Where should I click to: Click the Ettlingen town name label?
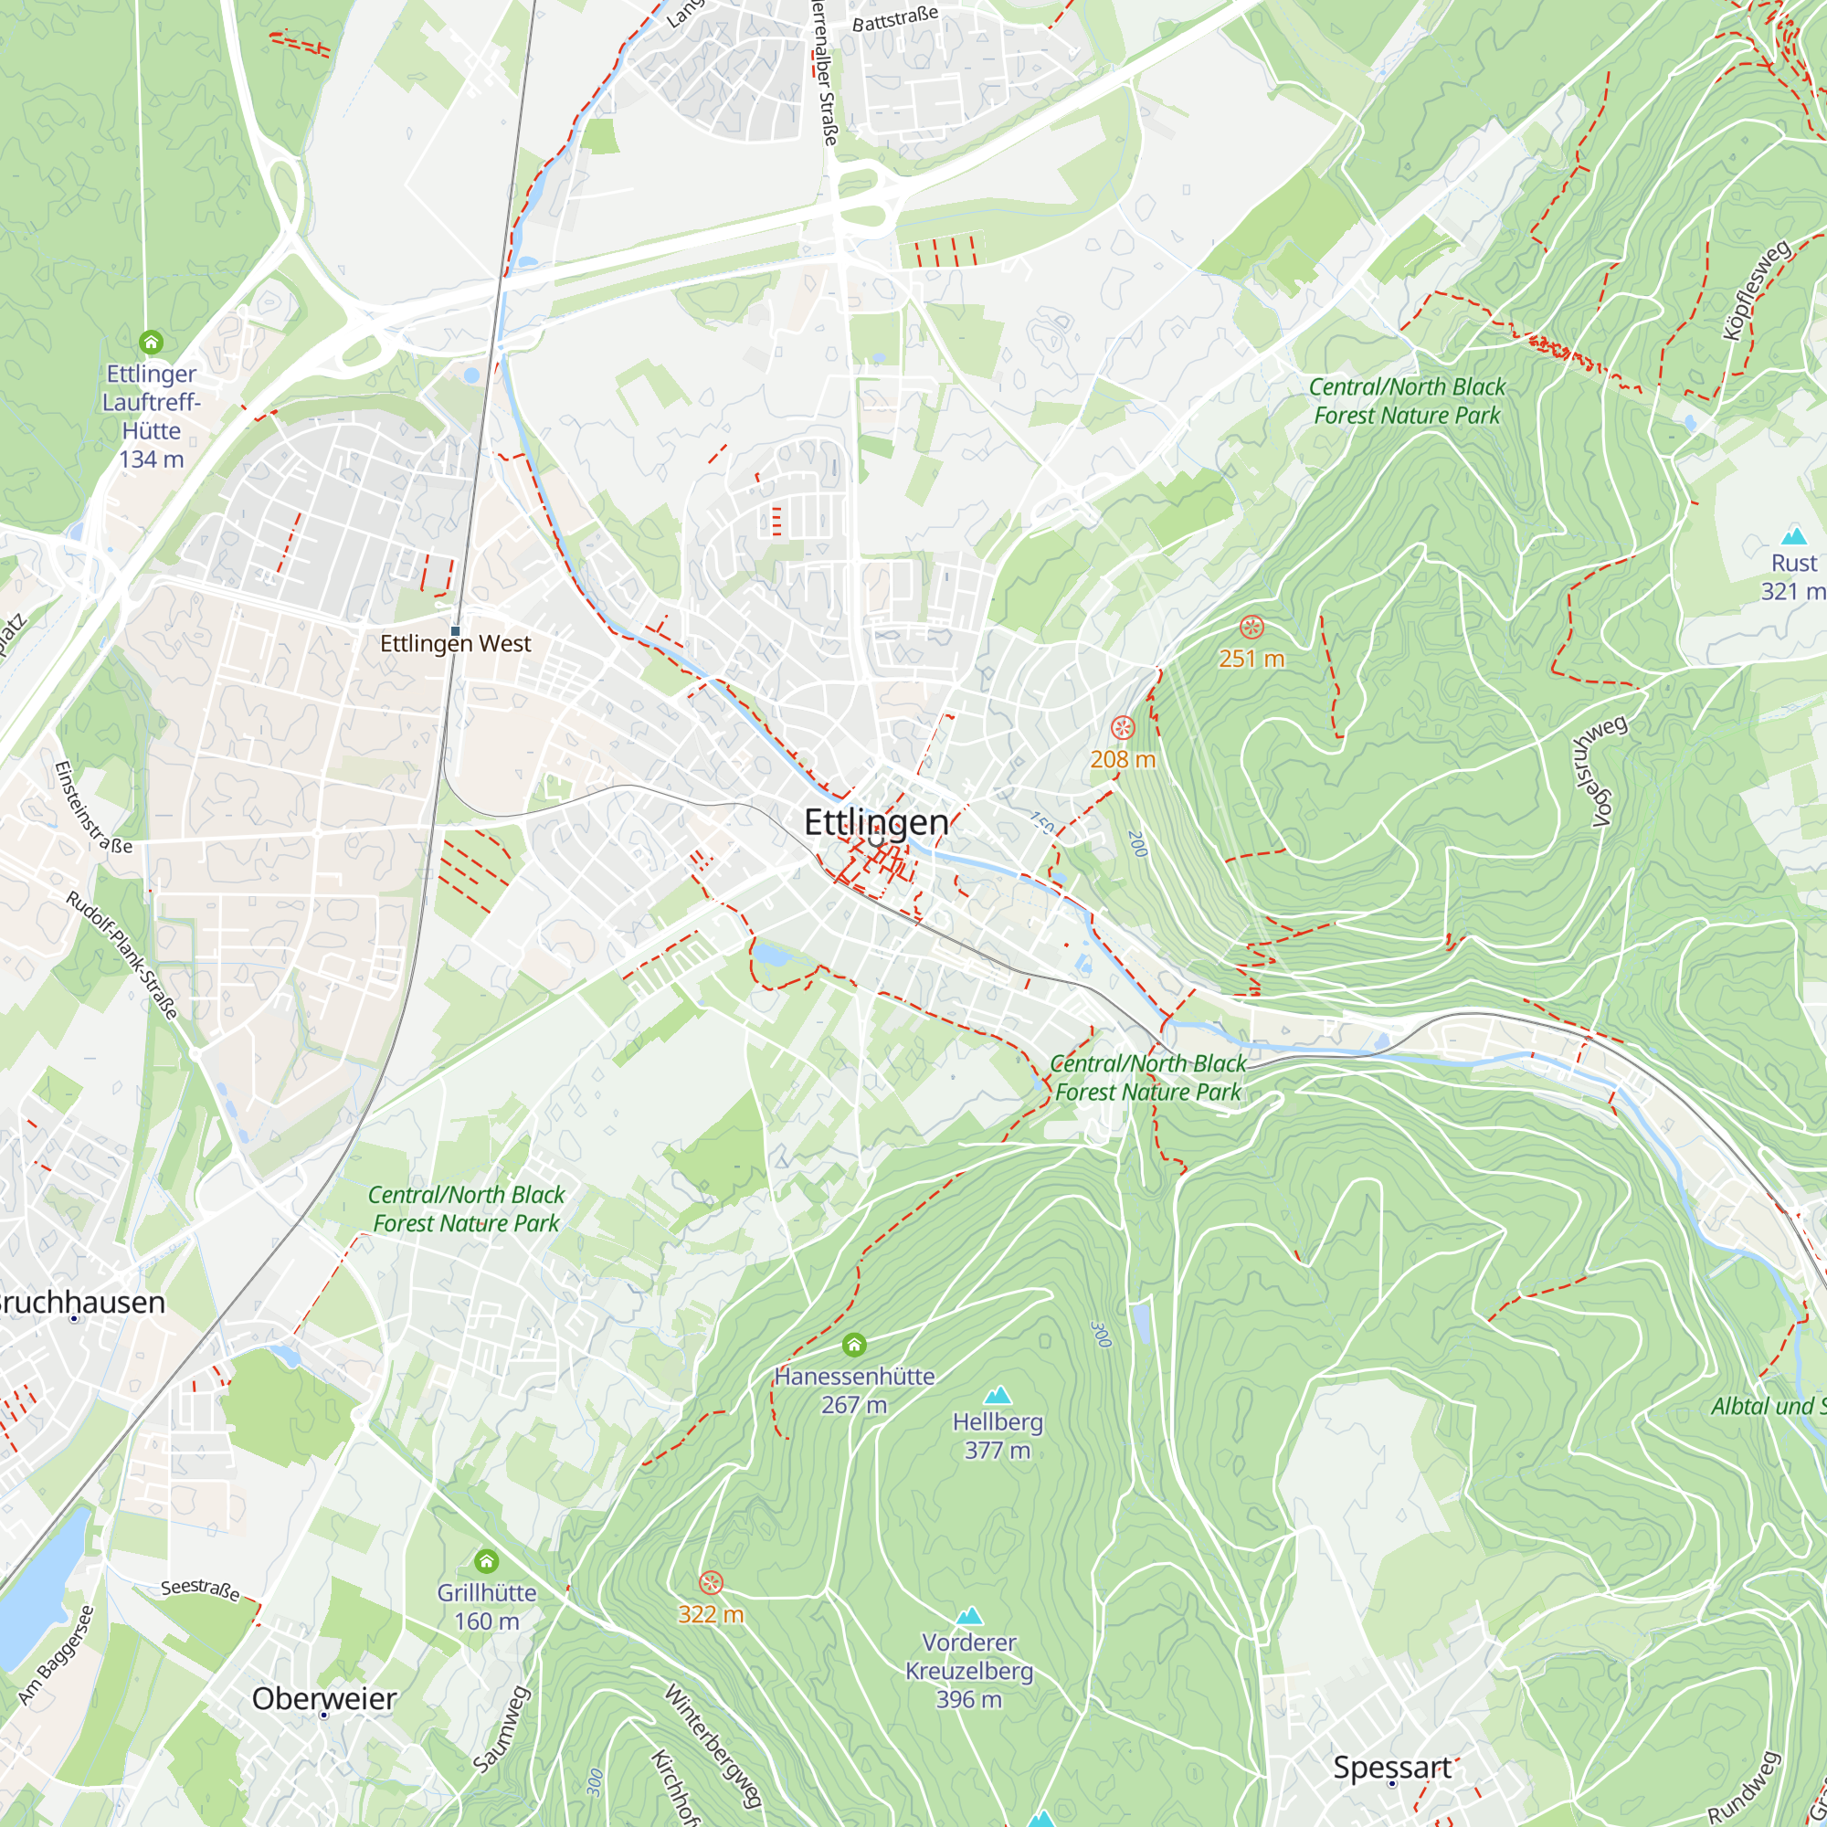tap(876, 823)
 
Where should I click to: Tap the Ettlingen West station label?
tap(455, 644)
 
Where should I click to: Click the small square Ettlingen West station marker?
tap(455, 630)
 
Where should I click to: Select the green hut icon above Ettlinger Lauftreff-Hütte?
tap(152, 342)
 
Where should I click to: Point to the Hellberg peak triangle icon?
tap(998, 1396)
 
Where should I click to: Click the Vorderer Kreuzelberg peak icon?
tap(969, 1616)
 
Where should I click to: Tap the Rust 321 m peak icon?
tap(1794, 536)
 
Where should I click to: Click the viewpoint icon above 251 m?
tap(1251, 627)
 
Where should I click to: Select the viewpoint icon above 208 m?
tap(1123, 727)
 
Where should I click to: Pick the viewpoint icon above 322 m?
tap(711, 1582)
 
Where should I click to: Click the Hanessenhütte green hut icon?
tap(854, 1345)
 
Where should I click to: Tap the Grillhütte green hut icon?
tap(486, 1561)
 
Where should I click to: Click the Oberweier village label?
tap(323, 1698)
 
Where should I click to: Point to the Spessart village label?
tap(1391, 1768)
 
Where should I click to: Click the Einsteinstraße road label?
tap(92, 808)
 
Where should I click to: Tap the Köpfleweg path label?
tap(1756, 290)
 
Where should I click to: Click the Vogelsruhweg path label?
tap(1597, 771)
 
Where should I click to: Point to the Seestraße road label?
tap(199, 1589)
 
